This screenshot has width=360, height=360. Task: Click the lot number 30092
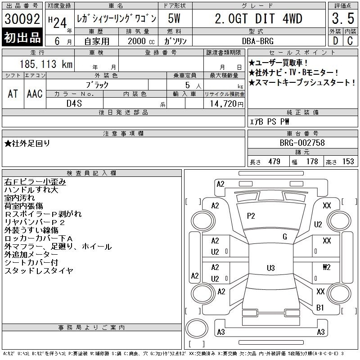click(22, 19)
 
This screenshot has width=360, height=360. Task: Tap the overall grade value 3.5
click(343, 18)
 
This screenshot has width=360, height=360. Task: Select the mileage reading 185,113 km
click(46, 64)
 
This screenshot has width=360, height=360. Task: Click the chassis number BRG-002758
click(302, 143)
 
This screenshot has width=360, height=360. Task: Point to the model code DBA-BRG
click(258, 41)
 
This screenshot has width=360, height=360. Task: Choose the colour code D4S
click(74, 103)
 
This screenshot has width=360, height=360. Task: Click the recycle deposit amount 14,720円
click(226, 104)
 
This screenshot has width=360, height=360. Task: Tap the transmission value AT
click(13, 94)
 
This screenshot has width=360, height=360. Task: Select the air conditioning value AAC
click(35, 94)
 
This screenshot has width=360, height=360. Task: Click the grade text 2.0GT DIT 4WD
click(258, 18)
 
